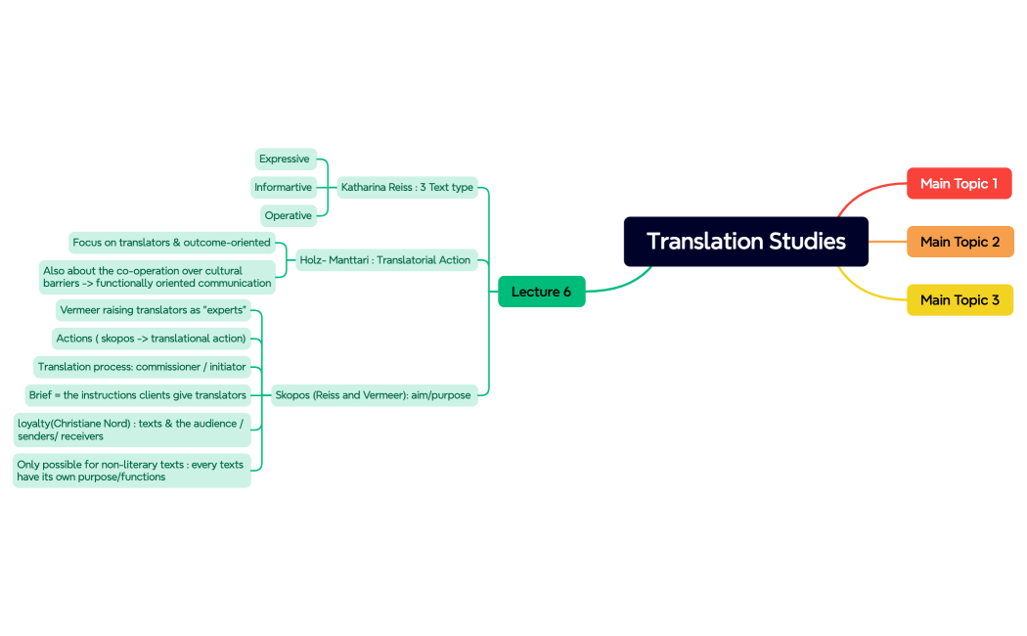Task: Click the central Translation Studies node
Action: tap(745, 242)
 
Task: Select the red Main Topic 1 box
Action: tap(959, 184)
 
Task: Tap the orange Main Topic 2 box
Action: tap(960, 242)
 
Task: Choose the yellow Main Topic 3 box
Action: tap(960, 299)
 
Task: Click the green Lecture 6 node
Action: tap(541, 292)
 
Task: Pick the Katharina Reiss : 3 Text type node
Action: tap(407, 187)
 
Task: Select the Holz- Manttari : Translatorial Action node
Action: tap(385, 260)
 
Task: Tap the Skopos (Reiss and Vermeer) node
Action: tap(373, 395)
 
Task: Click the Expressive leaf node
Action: tap(285, 159)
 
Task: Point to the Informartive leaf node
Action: tap(283, 187)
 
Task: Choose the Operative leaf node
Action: tap(288, 215)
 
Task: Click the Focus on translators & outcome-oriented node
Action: tap(171, 242)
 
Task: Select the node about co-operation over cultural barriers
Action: tap(156, 277)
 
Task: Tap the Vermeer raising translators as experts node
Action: tap(153, 310)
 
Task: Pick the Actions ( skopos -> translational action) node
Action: tap(152, 339)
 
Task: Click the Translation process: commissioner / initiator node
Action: tap(142, 367)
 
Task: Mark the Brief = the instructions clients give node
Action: tap(137, 395)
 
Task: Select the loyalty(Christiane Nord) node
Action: tap(131, 430)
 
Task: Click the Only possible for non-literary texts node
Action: tap(131, 471)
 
